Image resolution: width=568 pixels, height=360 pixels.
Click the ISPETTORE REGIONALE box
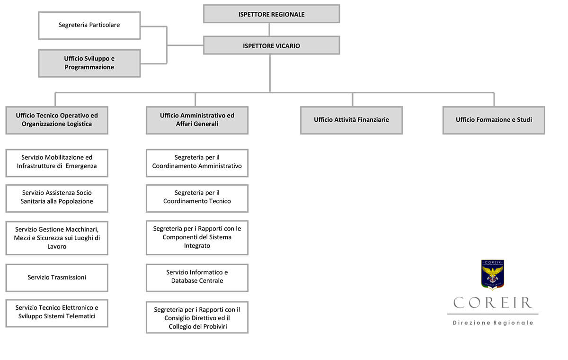[x=271, y=14]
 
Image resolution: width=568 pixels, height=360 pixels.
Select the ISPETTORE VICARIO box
[x=271, y=45]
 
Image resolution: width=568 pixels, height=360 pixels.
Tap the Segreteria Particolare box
[x=89, y=26]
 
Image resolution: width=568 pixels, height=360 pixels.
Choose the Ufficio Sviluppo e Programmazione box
[x=89, y=63]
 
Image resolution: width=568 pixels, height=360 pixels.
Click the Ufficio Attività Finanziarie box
[x=351, y=120]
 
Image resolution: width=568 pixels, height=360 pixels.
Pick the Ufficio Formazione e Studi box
[x=494, y=120]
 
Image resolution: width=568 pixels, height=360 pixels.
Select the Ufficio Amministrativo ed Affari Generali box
[x=197, y=120]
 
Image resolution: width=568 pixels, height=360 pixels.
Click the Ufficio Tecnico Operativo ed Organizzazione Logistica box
[x=57, y=120]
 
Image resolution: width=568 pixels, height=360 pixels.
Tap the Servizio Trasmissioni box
[x=57, y=278]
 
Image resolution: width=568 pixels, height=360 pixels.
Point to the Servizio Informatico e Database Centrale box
[x=197, y=278]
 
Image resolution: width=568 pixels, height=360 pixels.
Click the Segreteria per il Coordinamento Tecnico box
[x=197, y=198]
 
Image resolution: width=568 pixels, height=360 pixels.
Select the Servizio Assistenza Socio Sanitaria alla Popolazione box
[x=57, y=198]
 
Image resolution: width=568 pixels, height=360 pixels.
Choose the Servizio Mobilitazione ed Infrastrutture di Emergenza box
[x=57, y=163]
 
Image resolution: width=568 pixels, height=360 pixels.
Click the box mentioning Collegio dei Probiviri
[x=197, y=317]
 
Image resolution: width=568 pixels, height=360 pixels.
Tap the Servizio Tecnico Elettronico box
[x=57, y=313]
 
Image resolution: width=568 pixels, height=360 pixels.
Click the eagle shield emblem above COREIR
[x=492, y=275]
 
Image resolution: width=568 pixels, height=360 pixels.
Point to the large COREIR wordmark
[x=492, y=303]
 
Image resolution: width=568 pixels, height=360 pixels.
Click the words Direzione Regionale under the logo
[x=493, y=323]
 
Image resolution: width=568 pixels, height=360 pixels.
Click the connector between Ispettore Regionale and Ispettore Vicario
[x=269, y=29]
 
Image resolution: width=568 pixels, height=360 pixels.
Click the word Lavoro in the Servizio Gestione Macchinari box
[x=57, y=247]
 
